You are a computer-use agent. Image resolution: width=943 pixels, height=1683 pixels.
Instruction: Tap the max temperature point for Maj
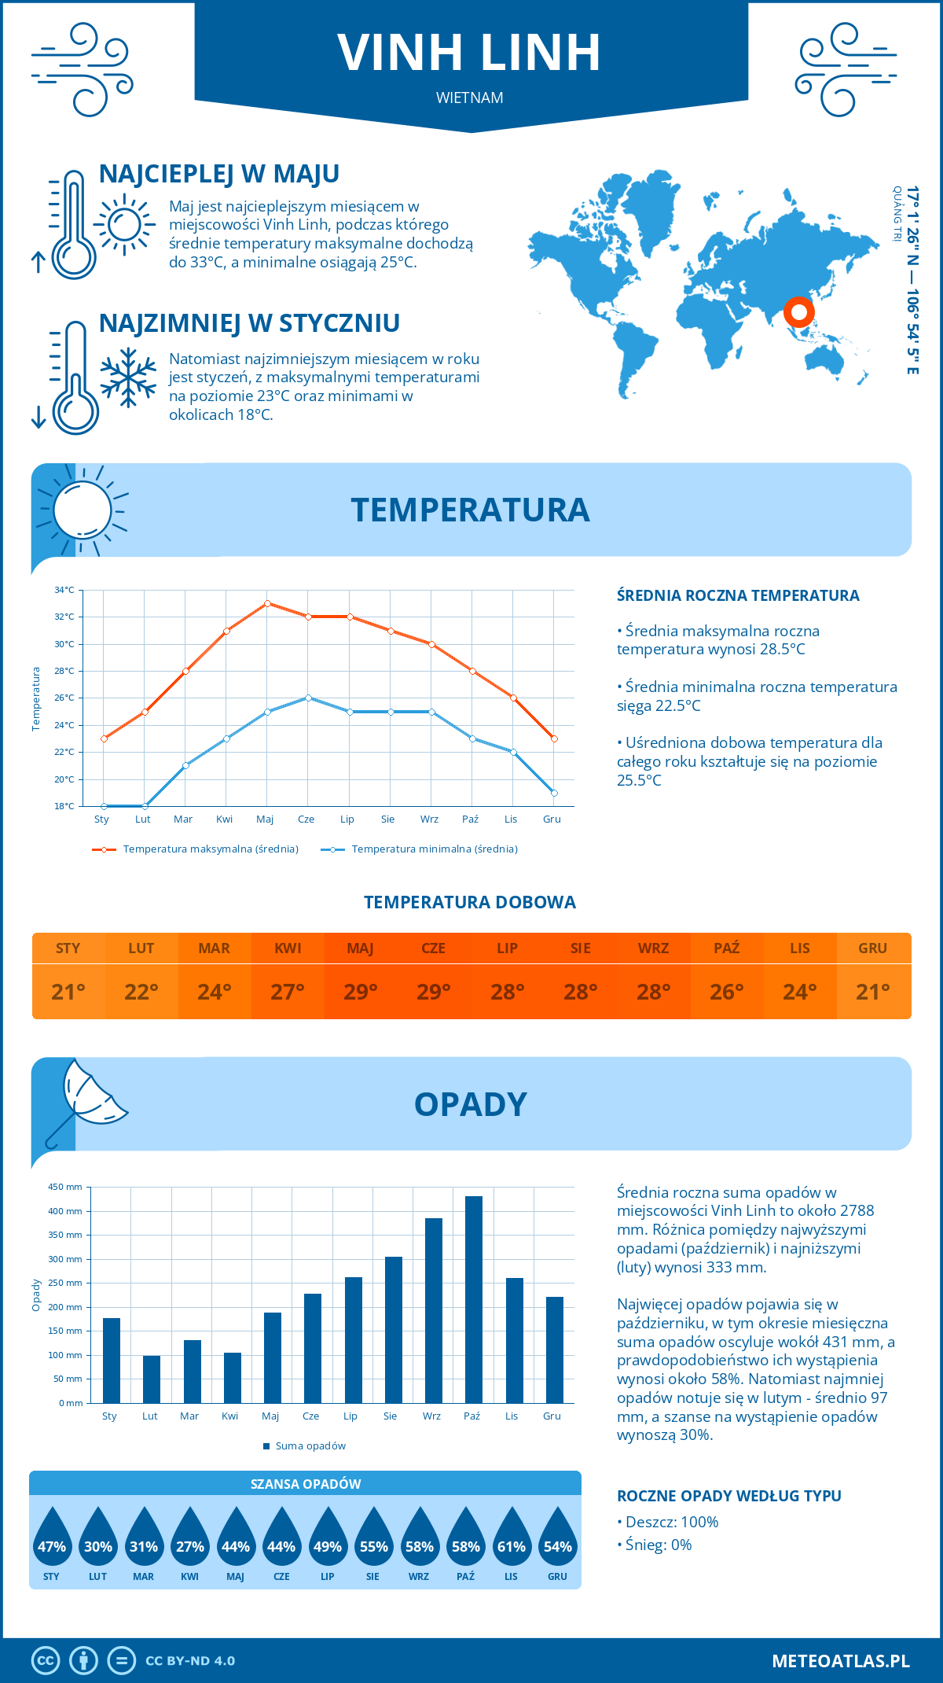tap(267, 603)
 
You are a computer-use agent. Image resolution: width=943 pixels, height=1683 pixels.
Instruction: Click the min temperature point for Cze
tap(308, 698)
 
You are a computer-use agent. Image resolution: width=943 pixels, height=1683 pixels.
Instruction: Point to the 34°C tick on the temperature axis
tap(64, 590)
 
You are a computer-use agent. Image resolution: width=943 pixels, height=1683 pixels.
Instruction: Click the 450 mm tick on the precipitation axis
tap(66, 1187)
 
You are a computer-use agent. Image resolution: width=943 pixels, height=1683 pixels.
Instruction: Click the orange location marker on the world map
tap(798, 312)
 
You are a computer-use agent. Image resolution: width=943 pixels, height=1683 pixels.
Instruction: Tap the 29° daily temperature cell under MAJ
tap(360, 992)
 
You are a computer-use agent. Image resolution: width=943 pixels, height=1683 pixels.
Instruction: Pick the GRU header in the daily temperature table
tap(872, 948)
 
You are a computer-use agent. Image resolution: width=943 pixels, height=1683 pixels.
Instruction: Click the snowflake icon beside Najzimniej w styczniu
tap(128, 377)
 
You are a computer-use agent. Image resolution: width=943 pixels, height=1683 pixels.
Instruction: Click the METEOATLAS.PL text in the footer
tap(840, 1660)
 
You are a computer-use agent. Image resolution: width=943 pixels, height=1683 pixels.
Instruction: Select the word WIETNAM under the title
tap(470, 98)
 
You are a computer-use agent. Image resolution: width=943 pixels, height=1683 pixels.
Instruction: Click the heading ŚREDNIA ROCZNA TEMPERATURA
tap(738, 595)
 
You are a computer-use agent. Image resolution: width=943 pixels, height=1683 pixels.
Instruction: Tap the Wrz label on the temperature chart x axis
tap(429, 819)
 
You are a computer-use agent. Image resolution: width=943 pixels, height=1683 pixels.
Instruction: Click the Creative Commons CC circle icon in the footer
tap(46, 1660)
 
